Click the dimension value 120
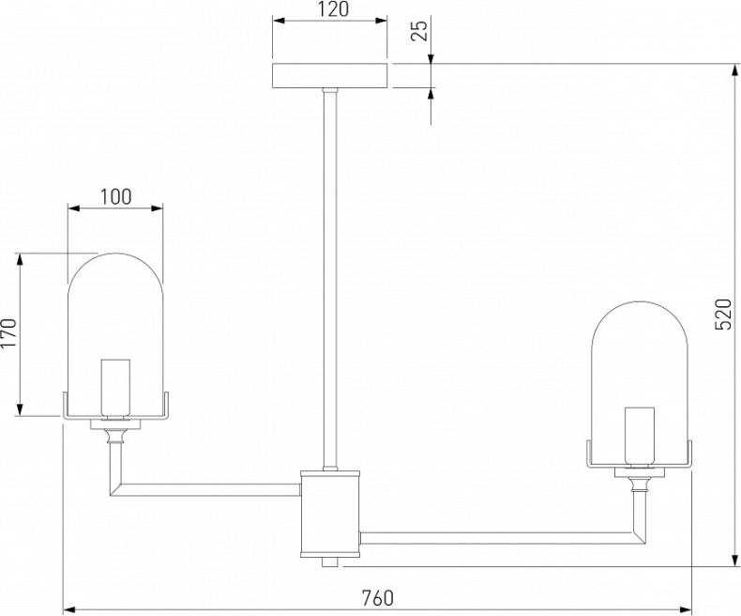click(x=328, y=11)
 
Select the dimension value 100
click(x=114, y=196)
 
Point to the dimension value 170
click(x=9, y=333)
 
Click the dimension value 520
click(x=722, y=314)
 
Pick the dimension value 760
click(x=376, y=597)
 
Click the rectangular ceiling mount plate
click(x=329, y=76)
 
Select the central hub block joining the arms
click(x=329, y=512)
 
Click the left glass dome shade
click(x=115, y=310)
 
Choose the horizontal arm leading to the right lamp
click(x=497, y=538)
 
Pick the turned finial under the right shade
click(x=641, y=485)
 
